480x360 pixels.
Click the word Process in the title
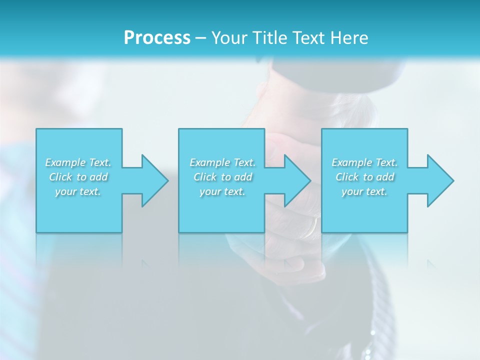coord(157,38)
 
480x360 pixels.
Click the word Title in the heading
coord(268,38)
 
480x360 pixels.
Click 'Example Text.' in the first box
coord(78,162)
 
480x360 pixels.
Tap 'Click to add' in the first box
coord(78,177)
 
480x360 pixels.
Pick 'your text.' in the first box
coord(78,191)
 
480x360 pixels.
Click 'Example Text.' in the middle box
coord(222,162)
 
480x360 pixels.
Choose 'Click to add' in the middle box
coord(222,177)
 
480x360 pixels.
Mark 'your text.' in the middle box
coord(222,191)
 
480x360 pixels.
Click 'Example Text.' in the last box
coord(364,162)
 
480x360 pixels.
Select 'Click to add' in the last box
coord(364,177)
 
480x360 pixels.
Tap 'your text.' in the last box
coord(364,191)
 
